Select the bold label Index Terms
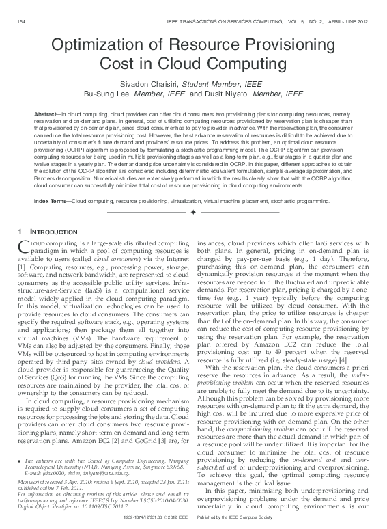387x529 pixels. point(51,202)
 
